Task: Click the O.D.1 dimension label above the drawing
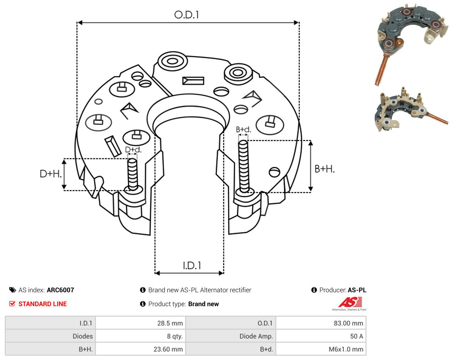coord(186,15)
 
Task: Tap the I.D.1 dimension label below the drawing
coord(192,266)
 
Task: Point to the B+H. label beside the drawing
coord(325,169)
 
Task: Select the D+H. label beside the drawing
coord(51,174)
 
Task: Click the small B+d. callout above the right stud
coord(244,130)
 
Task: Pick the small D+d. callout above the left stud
coord(133,149)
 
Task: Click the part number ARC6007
coord(60,290)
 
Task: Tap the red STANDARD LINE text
coord(43,304)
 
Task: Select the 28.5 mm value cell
coord(140,323)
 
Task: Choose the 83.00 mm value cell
coord(321,323)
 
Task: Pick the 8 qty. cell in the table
coord(140,336)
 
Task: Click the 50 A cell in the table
coord(321,336)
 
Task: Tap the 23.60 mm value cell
coord(140,349)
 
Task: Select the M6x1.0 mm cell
coord(321,349)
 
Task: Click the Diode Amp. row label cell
coord(230,336)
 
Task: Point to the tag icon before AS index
coord(13,290)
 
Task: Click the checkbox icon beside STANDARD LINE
coord(12,304)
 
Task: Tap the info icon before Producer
coord(314,290)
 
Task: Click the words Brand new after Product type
coord(203,304)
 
